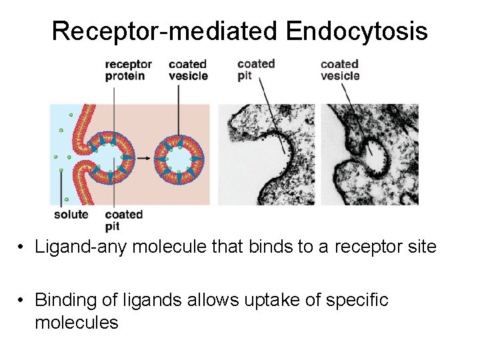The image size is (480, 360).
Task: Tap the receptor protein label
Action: tap(128, 70)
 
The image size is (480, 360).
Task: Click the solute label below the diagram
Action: tap(71, 214)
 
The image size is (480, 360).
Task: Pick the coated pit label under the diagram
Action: tap(124, 219)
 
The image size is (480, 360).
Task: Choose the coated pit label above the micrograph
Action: tap(256, 69)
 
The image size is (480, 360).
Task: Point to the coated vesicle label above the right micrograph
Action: tap(340, 70)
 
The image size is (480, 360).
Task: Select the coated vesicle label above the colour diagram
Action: tap(188, 70)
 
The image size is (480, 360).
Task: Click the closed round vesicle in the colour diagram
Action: tap(178, 160)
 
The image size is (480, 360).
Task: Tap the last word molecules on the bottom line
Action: tap(76, 323)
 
